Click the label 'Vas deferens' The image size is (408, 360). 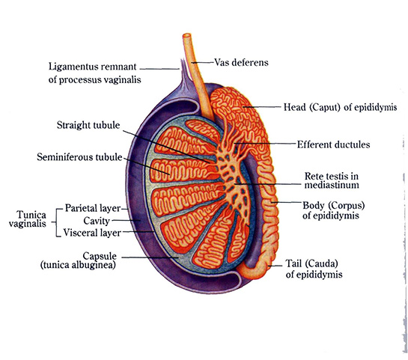coord(241,63)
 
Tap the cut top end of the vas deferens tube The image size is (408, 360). coord(187,36)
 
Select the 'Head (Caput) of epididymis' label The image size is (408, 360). coord(340,107)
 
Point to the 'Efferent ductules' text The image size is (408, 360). coord(333,144)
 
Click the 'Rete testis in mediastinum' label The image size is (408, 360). coord(332,180)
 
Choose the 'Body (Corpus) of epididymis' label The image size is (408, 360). coord(333,210)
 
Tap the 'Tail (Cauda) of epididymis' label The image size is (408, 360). coord(314,269)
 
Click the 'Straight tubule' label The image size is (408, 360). coord(88,125)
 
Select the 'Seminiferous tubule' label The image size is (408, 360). coord(79,157)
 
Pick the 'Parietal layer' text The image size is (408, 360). coord(93,208)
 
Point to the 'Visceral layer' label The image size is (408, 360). coord(92,233)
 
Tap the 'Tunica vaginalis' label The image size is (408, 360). coord(27,219)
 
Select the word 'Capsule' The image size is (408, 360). coord(100,256)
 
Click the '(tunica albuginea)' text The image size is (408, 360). coord(78,265)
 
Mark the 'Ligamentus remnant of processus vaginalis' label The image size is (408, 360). coord(95,73)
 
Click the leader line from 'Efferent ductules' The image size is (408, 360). coord(265,143)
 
